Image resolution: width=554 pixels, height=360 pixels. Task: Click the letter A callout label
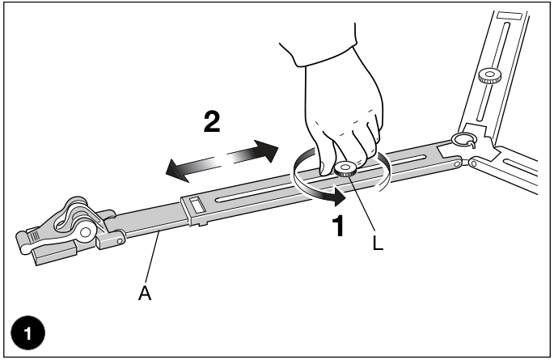pyautogui.click(x=145, y=293)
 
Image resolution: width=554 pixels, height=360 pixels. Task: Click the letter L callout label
pyautogui.click(x=378, y=243)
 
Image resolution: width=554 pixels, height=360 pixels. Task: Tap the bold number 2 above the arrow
pyautogui.click(x=212, y=121)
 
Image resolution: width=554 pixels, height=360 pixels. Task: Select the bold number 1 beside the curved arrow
pyautogui.click(x=338, y=226)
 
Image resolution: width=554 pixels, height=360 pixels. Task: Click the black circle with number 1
pyautogui.click(x=28, y=333)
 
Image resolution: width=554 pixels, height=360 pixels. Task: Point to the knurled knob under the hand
pyautogui.click(x=345, y=169)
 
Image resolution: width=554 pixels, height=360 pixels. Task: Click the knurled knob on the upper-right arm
pyautogui.click(x=489, y=75)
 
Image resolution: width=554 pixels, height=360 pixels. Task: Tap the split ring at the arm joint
pyautogui.click(x=463, y=140)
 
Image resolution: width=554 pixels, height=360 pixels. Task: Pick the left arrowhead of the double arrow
pyautogui.click(x=177, y=170)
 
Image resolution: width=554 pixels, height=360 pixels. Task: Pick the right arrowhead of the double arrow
pyautogui.click(x=266, y=150)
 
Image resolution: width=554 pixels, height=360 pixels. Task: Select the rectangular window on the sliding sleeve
pyautogui.click(x=197, y=205)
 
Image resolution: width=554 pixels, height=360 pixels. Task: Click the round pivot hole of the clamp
pyautogui.click(x=85, y=232)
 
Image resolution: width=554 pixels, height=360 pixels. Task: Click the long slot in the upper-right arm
pyautogui.click(x=493, y=71)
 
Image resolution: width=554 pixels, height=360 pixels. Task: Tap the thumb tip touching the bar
pyautogui.click(x=325, y=169)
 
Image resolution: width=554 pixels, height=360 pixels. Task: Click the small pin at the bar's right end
pyautogui.click(x=457, y=164)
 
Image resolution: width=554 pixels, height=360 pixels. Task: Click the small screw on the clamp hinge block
pyautogui.click(x=120, y=241)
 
